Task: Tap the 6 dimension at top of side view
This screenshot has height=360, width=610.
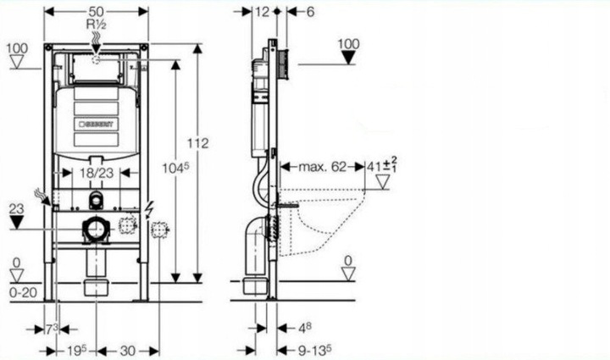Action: pyautogui.click(x=311, y=12)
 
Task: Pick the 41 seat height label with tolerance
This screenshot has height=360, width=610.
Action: pyautogui.click(x=381, y=166)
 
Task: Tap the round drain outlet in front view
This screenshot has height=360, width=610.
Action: pyautogui.click(x=96, y=230)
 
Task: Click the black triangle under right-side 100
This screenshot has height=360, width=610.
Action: pyautogui.click(x=347, y=57)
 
